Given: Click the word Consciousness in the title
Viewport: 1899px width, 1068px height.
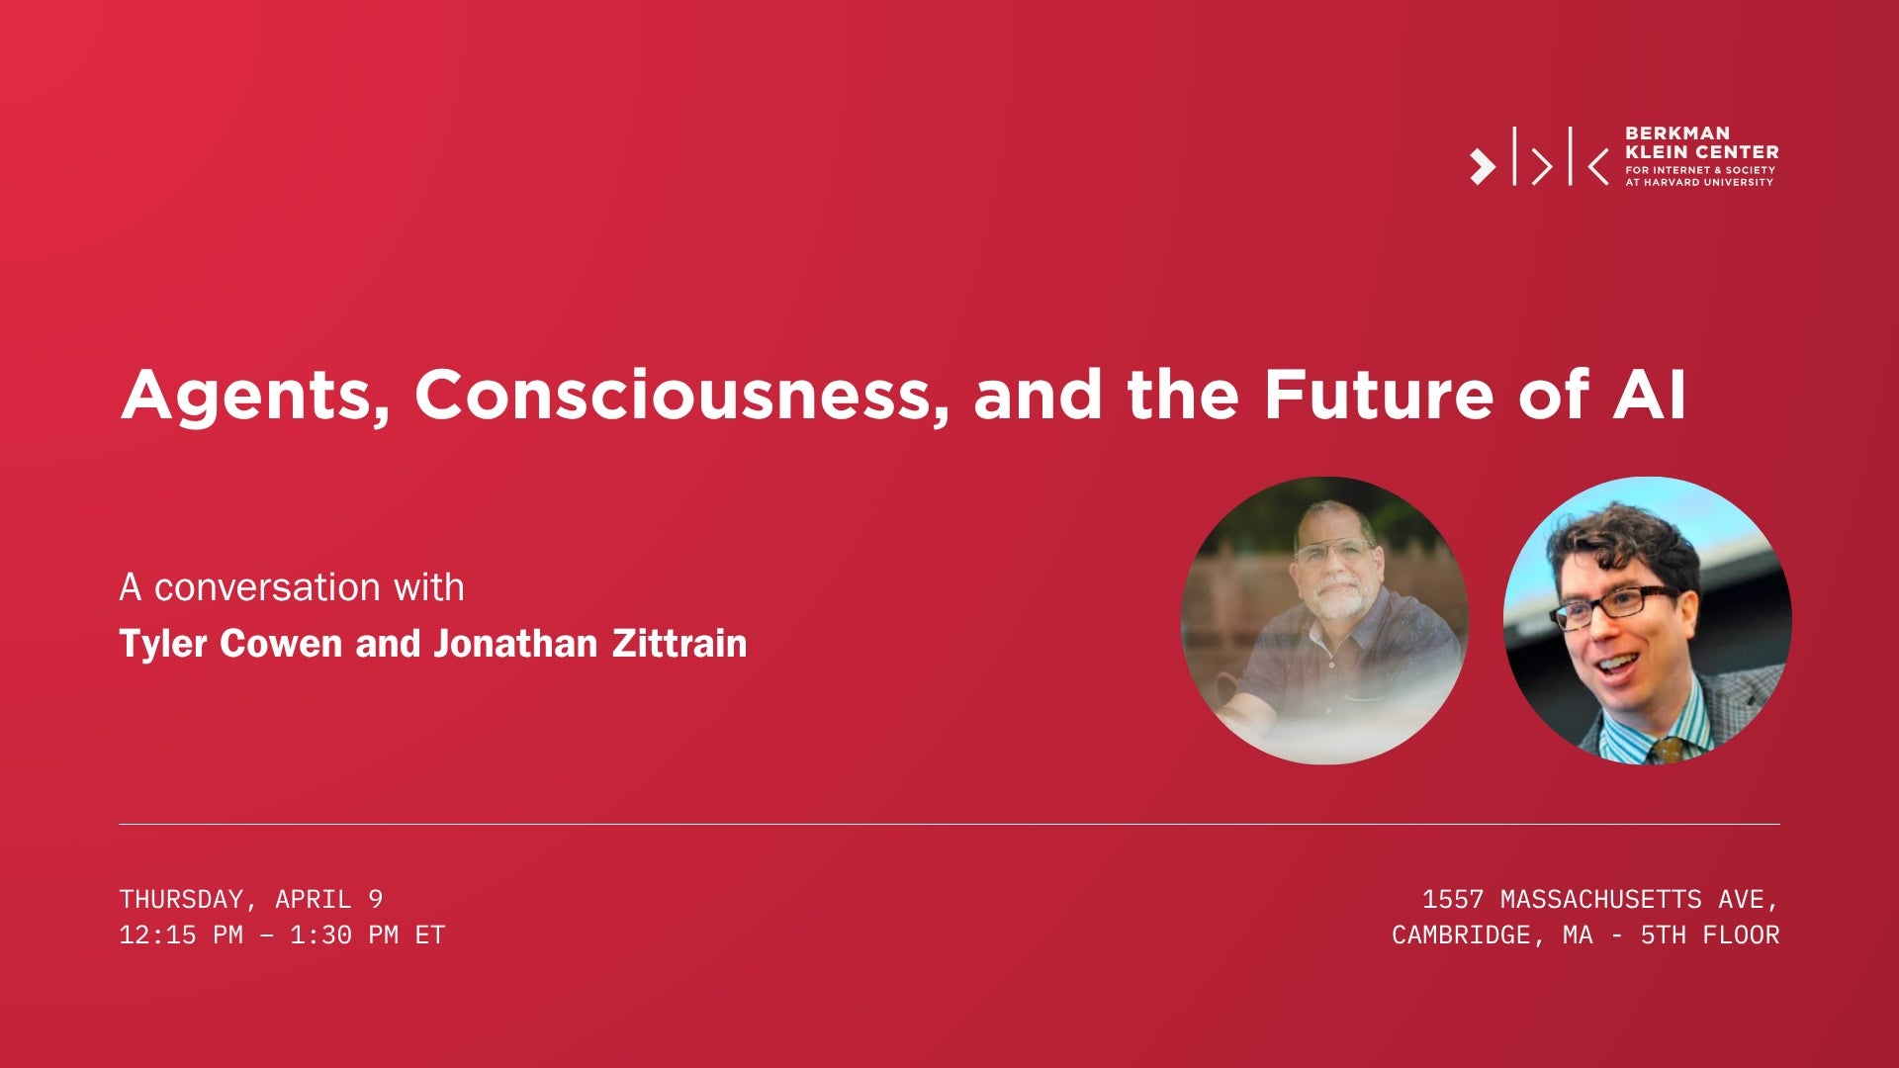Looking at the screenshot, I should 673,395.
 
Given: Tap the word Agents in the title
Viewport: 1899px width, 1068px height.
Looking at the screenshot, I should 255,397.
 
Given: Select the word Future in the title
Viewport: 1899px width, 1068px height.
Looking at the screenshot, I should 1379,395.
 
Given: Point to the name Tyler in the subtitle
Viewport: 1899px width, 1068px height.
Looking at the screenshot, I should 162,645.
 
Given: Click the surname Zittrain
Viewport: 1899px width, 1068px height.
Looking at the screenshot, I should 678,644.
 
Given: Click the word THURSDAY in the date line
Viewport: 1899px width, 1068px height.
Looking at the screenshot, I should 181,899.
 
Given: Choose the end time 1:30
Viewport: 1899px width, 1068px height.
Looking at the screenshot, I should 320,934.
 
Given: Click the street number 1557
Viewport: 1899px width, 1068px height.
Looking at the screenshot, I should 1453,899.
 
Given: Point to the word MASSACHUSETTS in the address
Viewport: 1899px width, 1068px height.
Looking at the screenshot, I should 1600,899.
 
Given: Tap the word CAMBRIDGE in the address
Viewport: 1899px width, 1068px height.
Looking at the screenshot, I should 1461,934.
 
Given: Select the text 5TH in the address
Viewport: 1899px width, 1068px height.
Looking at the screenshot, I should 1663,934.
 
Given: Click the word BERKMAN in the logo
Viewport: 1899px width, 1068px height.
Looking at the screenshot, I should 1677,133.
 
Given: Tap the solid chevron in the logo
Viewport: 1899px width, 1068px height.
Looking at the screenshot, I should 1482,166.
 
